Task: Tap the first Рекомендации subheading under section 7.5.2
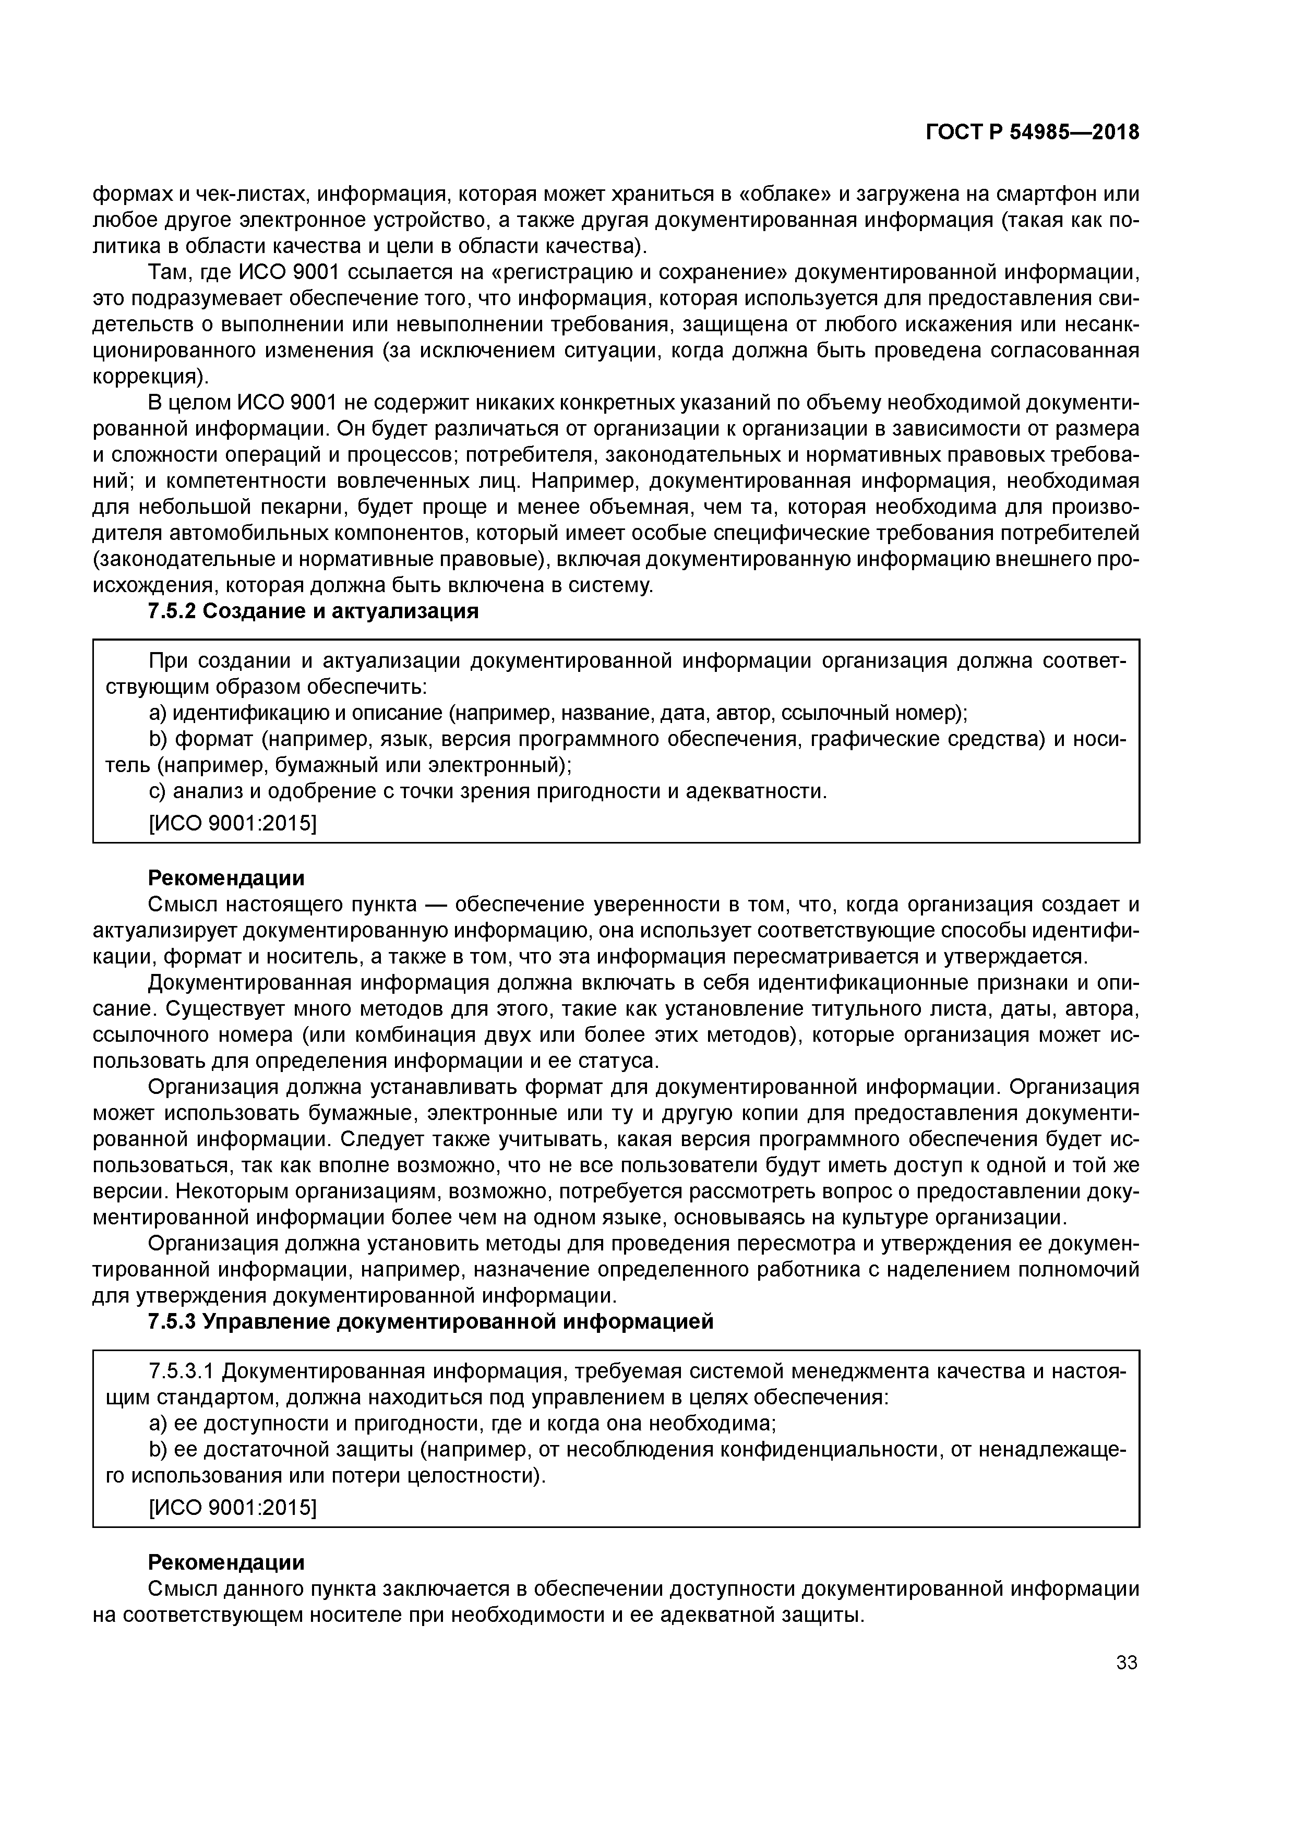pyautogui.click(x=226, y=877)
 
